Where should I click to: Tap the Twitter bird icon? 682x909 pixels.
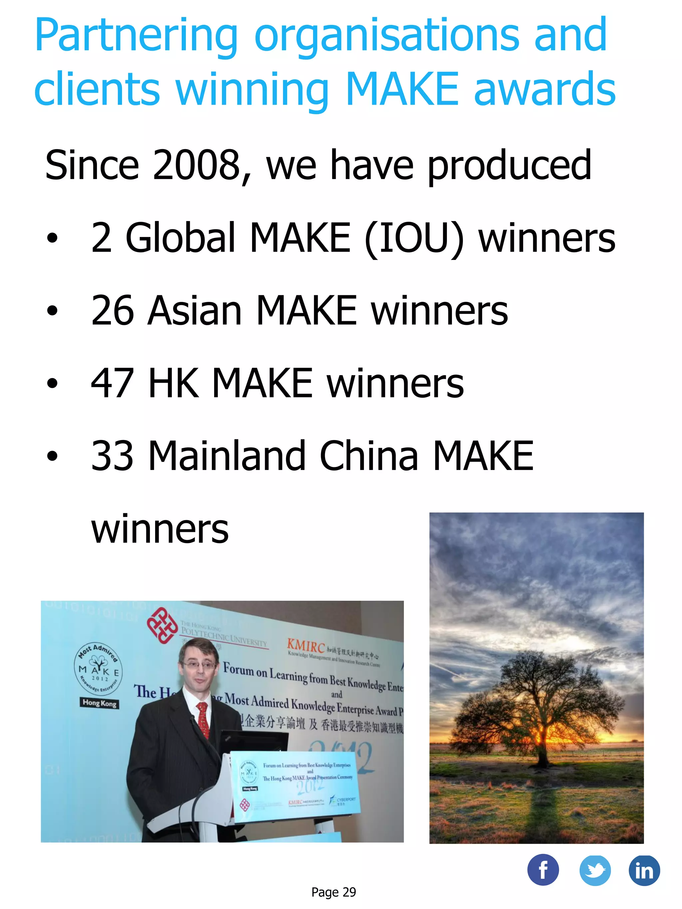pos(594,870)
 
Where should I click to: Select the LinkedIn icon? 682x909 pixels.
pos(644,870)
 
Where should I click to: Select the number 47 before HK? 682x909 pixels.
pos(112,383)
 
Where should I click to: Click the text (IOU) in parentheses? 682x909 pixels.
pos(414,238)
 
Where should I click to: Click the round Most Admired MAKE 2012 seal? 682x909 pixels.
pos(99,669)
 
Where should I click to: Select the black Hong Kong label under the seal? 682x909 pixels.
pos(100,703)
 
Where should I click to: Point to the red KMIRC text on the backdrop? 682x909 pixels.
pos(306,646)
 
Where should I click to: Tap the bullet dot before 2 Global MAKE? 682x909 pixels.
pos(52,238)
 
